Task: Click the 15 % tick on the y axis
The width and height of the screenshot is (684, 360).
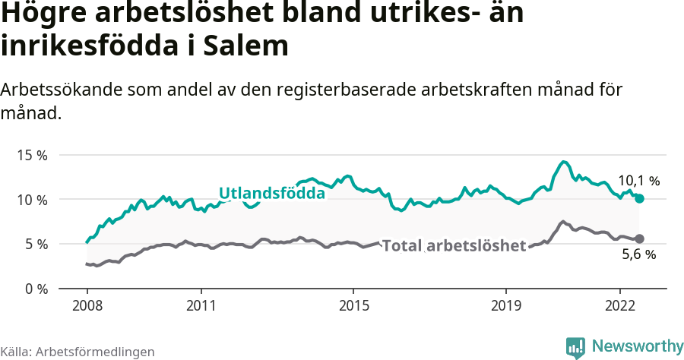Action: click(x=33, y=155)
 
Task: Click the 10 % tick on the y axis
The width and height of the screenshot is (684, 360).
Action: click(x=33, y=200)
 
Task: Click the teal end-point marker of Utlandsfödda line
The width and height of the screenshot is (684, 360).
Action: click(x=639, y=198)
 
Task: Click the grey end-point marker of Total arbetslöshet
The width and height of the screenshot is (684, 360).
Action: click(x=639, y=238)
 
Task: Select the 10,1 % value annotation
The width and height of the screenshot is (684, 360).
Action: click(x=638, y=181)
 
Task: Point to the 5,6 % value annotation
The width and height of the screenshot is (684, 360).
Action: click(x=638, y=255)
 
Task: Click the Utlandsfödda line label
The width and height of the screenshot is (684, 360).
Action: click(x=271, y=194)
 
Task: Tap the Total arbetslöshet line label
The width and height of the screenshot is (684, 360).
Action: click(x=454, y=246)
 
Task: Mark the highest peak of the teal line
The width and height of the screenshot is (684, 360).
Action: click(x=563, y=162)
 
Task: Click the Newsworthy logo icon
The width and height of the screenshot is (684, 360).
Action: click(x=575, y=347)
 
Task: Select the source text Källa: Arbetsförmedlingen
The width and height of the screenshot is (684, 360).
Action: click(x=78, y=352)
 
